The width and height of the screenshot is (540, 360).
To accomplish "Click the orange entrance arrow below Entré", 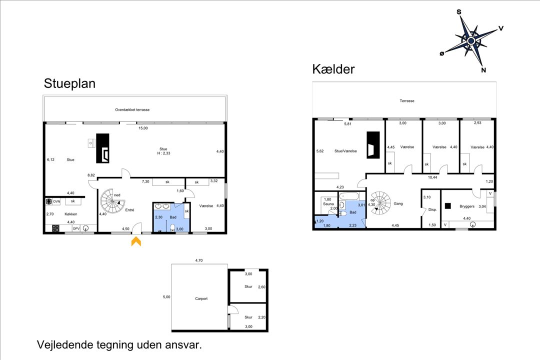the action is [x=136, y=241].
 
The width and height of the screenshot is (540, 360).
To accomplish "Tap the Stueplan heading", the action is [x=69, y=83].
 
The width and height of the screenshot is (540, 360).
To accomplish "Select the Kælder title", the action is [x=333, y=69].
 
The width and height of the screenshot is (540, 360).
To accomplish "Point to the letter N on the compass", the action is [x=483, y=70].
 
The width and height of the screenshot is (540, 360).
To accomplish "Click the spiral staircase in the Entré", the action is [x=112, y=201].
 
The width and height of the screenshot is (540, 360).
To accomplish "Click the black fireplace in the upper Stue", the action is [x=102, y=148].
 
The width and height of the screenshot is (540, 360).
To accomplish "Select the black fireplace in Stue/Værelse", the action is [x=373, y=145].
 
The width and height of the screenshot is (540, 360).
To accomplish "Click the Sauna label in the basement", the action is [x=328, y=204].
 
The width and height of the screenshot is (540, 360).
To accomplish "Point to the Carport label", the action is [x=201, y=298].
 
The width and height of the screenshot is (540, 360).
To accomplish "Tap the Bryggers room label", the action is [x=467, y=206].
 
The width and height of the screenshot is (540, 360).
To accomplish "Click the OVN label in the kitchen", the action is [x=56, y=201].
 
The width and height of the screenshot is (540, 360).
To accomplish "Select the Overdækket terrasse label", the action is [x=132, y=109].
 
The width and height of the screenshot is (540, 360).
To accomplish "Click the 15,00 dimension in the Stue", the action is [x=143, y=128].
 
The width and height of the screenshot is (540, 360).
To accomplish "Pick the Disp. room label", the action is [x=432, y=209].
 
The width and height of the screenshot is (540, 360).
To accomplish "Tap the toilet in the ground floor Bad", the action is [x=172, y=227].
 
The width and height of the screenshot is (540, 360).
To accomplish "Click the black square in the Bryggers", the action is [x=447, y=206].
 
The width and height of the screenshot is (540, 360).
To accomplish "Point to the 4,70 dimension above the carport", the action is [x=198, y=260].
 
